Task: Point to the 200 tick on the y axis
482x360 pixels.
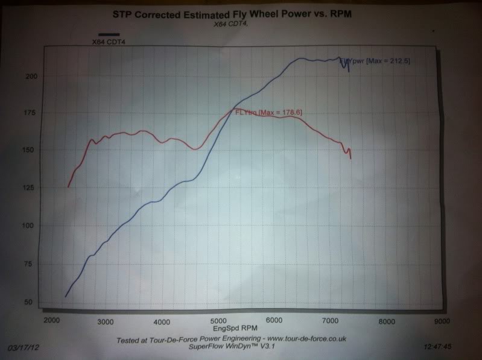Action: pyautogui.click(x=31, y=76)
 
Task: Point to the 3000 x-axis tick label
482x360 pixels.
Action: pyautogui.click(x=106, y=320)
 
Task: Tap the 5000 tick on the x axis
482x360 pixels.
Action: pyautogui.click(x=218, y=320)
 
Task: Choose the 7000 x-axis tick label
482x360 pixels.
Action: pyautogui.click(x=330, y=320)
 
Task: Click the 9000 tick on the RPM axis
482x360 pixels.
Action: pyautogui.click(x=442, y=321)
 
